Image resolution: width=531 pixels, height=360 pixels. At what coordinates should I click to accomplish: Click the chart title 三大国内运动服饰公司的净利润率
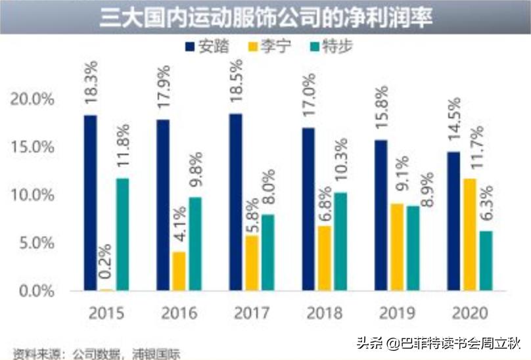(265, 16)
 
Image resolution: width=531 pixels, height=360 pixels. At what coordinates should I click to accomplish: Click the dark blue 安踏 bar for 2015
(91, 203)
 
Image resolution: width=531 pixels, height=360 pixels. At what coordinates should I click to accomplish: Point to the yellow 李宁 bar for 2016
(179, 271)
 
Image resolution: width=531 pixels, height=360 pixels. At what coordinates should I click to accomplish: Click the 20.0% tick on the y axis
(33, 100)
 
